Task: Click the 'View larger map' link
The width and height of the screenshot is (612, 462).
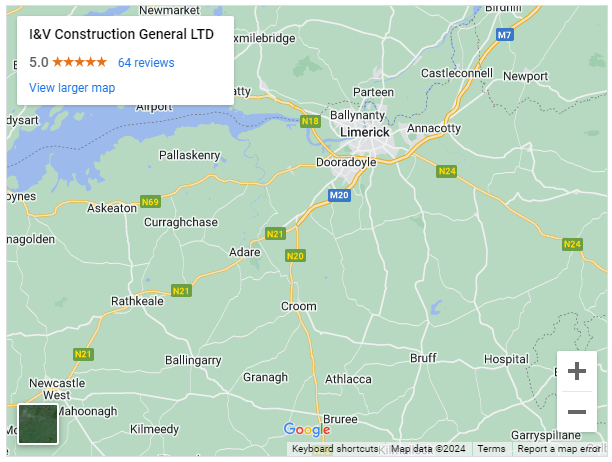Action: [x=72, y=87]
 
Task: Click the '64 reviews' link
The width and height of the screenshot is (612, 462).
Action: [x=146, y=62]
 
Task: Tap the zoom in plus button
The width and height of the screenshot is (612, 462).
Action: [x=577, y=372]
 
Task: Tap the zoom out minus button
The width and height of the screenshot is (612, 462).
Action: [x=577, y=412]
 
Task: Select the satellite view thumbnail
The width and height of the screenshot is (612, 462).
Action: [x=38, y=423]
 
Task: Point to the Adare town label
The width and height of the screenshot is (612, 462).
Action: [x=244, y=252]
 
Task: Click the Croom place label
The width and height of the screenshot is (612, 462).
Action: [x=298, y=306]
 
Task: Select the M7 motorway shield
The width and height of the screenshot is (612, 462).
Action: [x=505, y=35]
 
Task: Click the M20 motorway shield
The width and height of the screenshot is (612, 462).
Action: [x=339, y=195]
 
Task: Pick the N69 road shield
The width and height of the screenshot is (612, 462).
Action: [x=150, y=201]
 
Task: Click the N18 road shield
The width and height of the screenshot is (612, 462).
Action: [x=310, y=121]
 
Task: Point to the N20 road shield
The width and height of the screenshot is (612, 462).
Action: [x=294, y=256]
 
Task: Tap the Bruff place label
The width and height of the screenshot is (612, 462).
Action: [x=424, y=357]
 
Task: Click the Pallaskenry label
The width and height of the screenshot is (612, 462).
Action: [x=189, y=155]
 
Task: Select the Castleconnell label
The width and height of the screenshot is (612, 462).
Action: [x=457, y=74]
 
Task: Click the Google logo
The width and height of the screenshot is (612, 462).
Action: [x=306, y=430]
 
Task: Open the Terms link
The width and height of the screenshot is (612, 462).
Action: [x=491, y=449]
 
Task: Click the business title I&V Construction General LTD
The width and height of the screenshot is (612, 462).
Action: [x=121, y=34]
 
